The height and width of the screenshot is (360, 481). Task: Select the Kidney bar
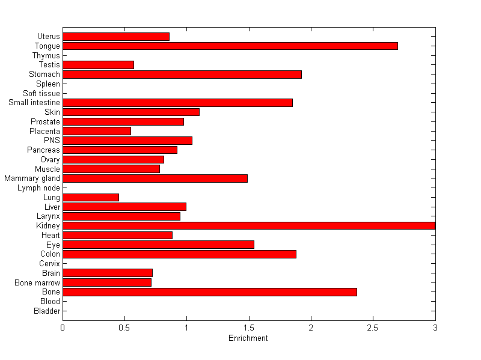249,225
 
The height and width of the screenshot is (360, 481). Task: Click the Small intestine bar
177,103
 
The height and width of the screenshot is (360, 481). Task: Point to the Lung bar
91,197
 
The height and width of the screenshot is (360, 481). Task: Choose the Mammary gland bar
155,178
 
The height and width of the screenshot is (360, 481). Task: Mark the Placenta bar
97,131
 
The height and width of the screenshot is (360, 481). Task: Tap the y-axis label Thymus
46,56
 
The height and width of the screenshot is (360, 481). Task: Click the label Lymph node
38,188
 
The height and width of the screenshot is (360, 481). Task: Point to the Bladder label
47,311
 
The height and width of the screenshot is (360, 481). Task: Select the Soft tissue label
41,93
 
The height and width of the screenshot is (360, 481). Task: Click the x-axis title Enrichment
248,338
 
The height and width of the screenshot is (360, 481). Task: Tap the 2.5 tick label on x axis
373,328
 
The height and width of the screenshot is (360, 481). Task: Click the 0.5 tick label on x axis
124,328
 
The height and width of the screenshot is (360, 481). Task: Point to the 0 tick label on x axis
63,328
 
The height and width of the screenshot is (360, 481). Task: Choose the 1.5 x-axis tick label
248,328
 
